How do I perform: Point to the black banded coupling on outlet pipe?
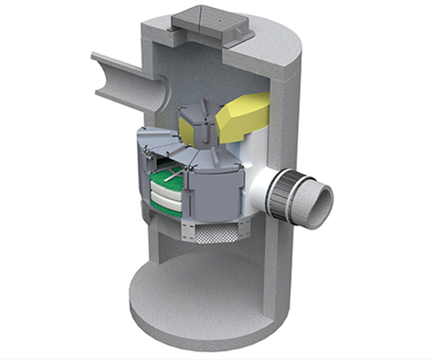[x=284, y=193]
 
